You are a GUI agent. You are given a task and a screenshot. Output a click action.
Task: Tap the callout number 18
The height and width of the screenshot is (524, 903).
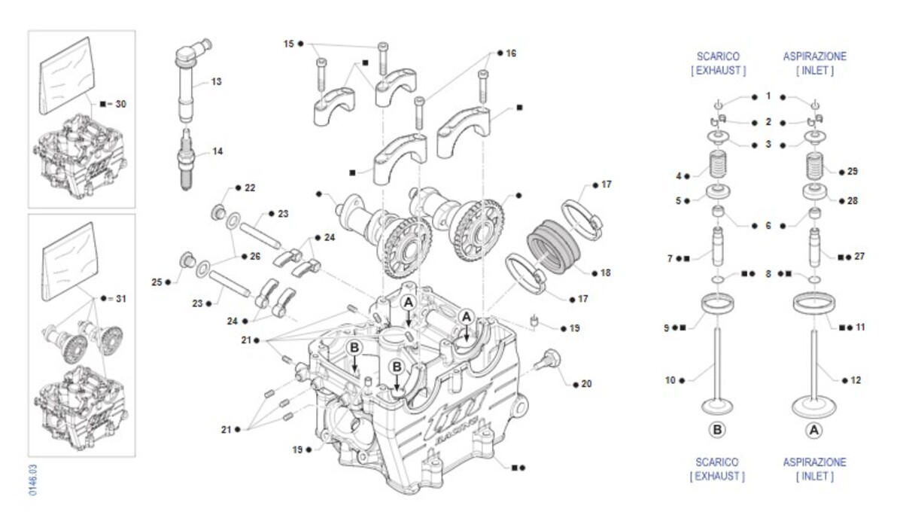click(x=607, y=272)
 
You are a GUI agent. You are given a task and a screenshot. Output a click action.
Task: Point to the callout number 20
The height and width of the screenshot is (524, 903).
click(x=587, y=384)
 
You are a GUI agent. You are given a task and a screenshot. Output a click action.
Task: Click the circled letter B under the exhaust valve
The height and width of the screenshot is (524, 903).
click(x=717, y=430)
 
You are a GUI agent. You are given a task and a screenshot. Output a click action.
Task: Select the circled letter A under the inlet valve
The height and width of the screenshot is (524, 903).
click(x=813, y=430)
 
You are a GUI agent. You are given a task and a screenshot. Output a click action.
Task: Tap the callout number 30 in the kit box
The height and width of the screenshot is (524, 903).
click(x=120, y=103)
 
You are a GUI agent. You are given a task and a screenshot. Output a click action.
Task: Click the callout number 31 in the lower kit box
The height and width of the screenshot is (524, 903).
click(x=120, y=299)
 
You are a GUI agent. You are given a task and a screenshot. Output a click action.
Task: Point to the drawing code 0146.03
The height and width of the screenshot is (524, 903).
click(x=32, y=480)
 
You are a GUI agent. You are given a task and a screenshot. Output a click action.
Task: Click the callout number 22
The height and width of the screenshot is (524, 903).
click(x=250, y=187)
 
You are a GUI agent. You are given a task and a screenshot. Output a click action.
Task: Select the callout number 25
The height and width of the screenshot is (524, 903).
click(x=157, y=282)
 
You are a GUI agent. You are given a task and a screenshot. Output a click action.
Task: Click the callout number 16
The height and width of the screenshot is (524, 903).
click(x=511, y=53)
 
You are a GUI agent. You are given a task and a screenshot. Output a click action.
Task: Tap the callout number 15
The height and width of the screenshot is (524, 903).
click(x=288, y=44)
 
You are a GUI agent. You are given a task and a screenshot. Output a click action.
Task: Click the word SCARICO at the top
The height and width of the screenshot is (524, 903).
click(x=717, y=56)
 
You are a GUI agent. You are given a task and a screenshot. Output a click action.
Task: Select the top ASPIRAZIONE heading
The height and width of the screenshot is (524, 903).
click(x=814, y=56)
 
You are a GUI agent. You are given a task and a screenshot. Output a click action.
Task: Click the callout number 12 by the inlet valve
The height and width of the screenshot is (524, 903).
click(x=855, y=380)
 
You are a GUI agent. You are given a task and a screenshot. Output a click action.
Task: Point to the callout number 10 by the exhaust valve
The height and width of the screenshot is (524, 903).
click(x=670, y=380)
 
